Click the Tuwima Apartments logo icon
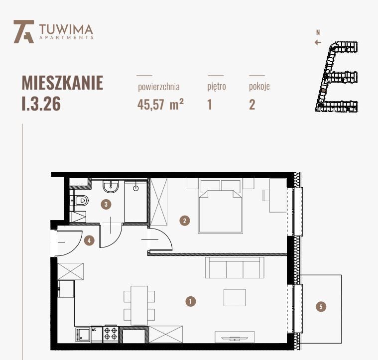pos(23,31)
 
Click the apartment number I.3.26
pos(41,105)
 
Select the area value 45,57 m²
pos(157,105)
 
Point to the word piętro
pos(217,87)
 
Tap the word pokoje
pos(259,87)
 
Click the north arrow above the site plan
pos(318,42)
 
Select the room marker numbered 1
pos(189,301)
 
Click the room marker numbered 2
pos(185,220)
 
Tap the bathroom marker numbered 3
pos(105,204)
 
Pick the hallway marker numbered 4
pos(89,240)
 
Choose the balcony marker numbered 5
pos(321,307)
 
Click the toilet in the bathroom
pos(81,201)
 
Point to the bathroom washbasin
pos(111,187)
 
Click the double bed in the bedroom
pos(221,209)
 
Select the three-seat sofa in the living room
pos(234,268)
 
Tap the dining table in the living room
pos(139,303)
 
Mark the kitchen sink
pos(83,334)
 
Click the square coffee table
pos(235,297)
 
